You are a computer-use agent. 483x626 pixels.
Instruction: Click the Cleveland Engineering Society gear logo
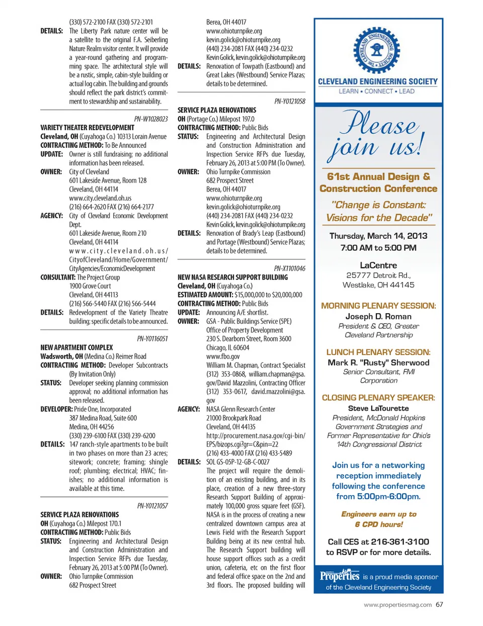(376, 50)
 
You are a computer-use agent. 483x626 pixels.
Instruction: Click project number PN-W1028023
(151, 119)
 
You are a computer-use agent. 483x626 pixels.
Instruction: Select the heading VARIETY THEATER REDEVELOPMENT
(87, 128)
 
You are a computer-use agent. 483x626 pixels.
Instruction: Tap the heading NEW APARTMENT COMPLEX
(76, 347)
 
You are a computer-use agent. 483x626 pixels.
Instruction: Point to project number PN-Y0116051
(152, 339)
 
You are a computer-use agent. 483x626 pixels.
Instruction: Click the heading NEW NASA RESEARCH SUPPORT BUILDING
(232, 277)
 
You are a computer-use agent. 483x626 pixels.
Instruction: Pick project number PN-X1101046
(289, 269)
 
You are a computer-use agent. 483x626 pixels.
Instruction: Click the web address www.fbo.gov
(223, 356)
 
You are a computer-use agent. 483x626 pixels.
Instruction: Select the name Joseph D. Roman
(378, 316)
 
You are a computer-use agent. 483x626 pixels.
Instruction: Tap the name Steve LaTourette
(378, 408)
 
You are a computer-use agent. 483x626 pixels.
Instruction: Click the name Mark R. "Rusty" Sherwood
(378, 363)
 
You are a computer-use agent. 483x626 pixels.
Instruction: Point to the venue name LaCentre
(378, 265)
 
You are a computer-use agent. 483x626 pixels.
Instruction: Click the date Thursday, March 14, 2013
(378, 236)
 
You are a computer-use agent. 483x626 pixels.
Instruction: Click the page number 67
(440, 604)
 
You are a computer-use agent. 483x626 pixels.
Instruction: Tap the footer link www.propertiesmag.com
(397, 605)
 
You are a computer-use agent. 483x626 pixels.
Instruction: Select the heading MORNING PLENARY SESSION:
(378, 306)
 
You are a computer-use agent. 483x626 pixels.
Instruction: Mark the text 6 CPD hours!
(378, 524)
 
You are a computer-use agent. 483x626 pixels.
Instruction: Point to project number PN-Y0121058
(290, 102)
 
